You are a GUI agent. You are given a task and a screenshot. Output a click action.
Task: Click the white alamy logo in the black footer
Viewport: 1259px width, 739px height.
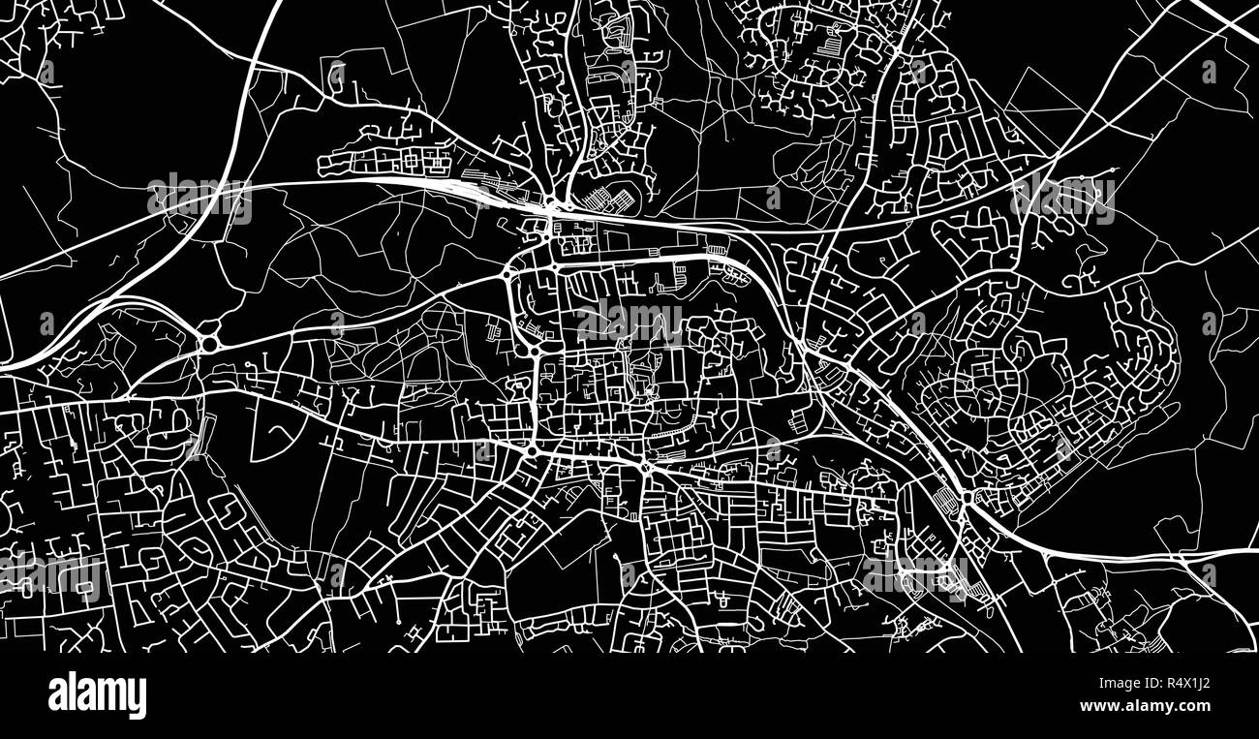97,695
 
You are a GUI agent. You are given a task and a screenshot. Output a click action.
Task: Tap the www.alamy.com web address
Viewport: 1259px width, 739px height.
1146,705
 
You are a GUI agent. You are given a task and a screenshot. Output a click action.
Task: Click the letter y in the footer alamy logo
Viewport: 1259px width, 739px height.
139,699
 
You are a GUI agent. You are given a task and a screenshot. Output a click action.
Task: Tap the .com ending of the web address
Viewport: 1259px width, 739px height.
1194,705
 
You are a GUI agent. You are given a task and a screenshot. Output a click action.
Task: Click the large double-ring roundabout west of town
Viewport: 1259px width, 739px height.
208,344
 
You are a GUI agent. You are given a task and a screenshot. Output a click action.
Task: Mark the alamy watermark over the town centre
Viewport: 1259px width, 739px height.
629,320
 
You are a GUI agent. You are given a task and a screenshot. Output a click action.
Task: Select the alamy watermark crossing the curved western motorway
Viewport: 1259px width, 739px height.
200,199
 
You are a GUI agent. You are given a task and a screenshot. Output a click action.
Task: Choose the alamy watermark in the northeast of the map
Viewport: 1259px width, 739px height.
1061,199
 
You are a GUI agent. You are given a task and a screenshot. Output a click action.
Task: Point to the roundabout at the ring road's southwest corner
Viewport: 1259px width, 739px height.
532,451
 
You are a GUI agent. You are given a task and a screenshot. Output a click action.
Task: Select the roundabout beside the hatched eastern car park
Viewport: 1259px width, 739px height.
966,501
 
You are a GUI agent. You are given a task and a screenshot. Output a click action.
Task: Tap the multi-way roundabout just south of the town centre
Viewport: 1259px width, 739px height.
644,468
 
